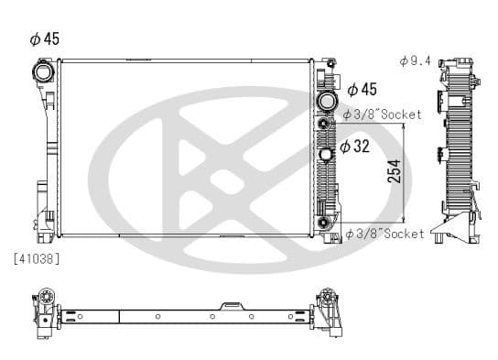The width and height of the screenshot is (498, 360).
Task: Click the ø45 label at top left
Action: click(x=45, y=39)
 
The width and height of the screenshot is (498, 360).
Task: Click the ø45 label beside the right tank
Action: click(x=363, y=90)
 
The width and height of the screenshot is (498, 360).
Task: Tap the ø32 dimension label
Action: click(x=355, y=147)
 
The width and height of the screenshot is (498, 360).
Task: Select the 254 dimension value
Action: click(x=395, y=171)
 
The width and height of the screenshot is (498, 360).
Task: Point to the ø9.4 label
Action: click(x=415, y=60)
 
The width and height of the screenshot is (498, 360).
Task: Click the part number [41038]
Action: click(x=37, y=259)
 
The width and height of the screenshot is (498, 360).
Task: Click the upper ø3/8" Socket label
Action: click(x=383, y=115)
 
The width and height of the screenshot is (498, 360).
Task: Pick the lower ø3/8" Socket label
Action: click(x=384, y=234)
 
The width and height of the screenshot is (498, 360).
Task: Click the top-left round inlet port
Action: click(x=43, y=72)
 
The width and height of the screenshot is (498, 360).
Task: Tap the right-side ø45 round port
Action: click(x=326, y=101)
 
